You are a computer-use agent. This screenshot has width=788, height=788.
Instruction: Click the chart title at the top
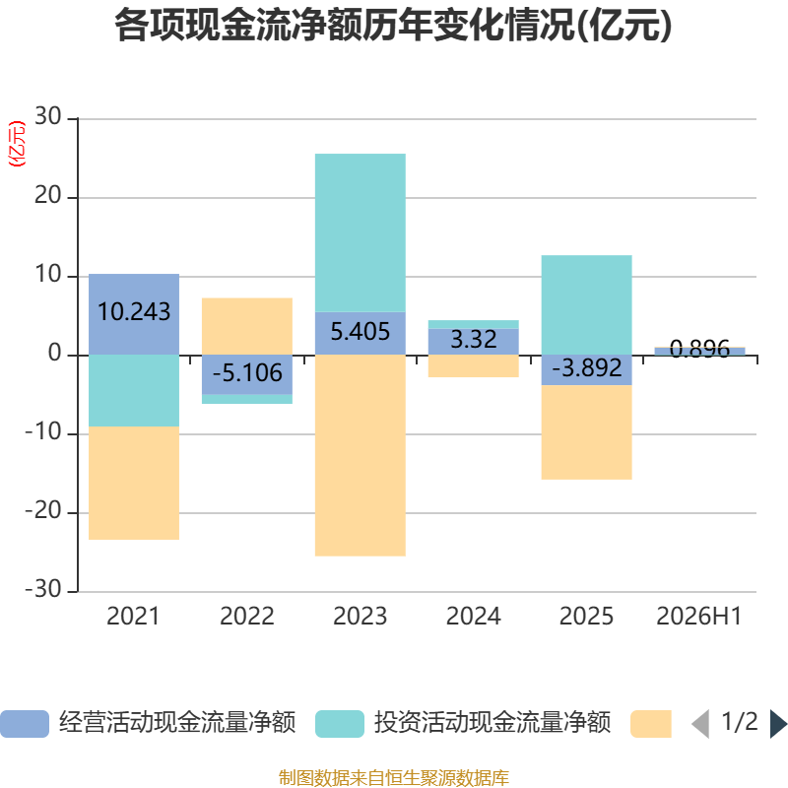coord(393,26)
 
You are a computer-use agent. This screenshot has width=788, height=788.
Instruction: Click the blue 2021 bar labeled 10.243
coord(134,314)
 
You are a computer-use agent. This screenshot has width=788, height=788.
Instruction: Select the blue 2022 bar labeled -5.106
coord(247,375)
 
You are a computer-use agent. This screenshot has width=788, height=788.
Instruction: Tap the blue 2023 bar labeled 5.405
coord(361,334)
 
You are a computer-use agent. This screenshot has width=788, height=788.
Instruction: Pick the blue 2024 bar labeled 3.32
coord(474,342)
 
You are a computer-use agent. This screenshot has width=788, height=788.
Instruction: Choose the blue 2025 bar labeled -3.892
coord(586,370)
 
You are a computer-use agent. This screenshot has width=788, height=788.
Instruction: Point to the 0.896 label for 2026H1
coord(699,348)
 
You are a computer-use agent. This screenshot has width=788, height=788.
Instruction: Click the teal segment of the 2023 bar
coord(361,232)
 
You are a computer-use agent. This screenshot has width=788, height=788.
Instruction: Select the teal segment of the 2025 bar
coord(586,305)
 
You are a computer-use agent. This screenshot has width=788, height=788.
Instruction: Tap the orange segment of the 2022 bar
coord(247,327)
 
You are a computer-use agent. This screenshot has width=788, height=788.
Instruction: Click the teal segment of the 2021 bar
coord(134,391)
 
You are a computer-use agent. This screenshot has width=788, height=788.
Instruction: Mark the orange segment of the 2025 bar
coord(586,432)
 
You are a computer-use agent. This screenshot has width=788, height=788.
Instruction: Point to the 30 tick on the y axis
coord(47,116)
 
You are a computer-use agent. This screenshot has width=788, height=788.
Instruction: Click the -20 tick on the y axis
coord(43,511)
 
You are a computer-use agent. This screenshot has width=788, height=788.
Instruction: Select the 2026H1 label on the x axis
coord(699,617)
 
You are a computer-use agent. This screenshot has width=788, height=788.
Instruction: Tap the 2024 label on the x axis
coord(474,617)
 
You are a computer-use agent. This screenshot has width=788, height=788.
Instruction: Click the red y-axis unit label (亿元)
coord(17,144)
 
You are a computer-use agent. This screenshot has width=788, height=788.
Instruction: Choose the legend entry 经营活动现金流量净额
coord(149,723)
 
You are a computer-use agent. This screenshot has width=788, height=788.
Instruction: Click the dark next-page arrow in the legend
coord(778,724)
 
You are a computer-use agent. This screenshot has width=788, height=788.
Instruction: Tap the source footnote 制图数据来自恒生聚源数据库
coord(394,778)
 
